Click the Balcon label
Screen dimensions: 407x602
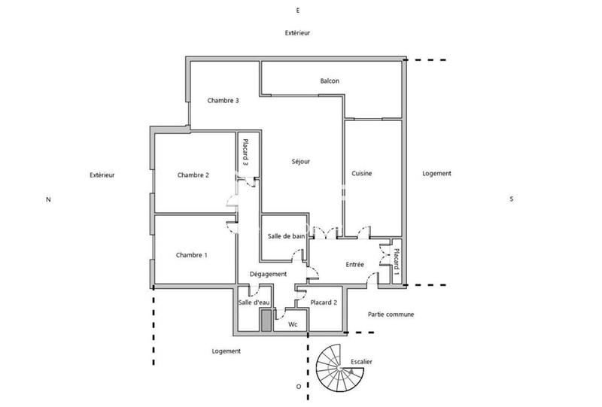click(329, 80)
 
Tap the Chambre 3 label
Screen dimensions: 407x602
click(223, 101)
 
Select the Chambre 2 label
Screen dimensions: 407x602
click(193, 175)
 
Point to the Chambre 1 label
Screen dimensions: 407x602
click(191, 255)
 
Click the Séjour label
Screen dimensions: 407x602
click(301, 161)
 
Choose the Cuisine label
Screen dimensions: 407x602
click(362, 174)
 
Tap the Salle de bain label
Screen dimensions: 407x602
click(286, 236)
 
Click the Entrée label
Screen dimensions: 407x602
click(355, 264)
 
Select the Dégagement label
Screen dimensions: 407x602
click(268, 275)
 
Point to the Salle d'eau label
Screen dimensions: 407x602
click(254, 302)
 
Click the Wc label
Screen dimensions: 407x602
click(294, 324)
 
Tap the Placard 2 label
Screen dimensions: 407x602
click(324, 302)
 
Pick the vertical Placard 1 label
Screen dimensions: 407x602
click(397, 262)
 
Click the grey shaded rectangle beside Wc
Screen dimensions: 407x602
click(266, 320)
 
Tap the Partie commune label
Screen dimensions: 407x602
click(391, 314)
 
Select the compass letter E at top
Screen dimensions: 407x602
click(298, 10)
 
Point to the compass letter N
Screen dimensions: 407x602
click(48, 199)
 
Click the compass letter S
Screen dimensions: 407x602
click(511, 199)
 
